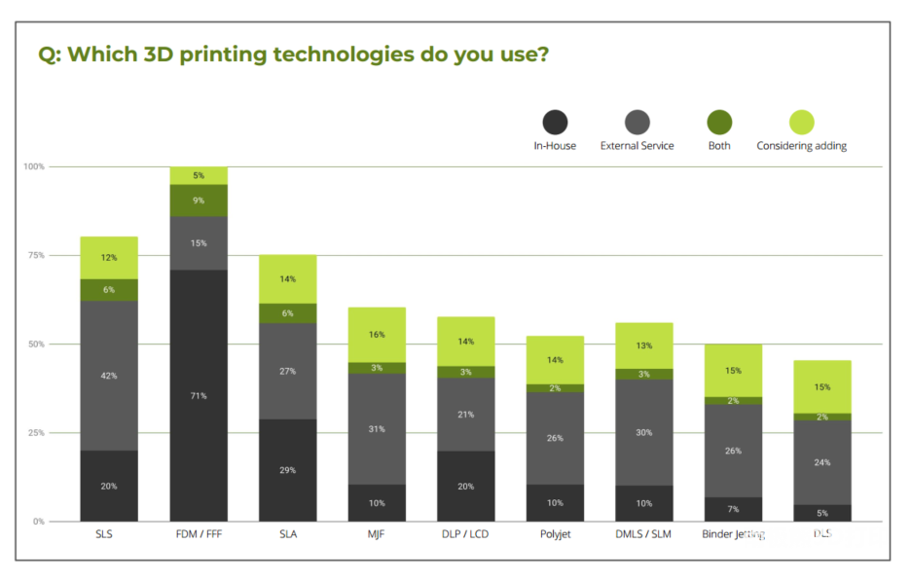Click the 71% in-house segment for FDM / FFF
199,395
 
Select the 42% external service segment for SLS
109,375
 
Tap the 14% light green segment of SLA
288,279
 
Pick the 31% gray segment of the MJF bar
377,428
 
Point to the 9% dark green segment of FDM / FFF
199,200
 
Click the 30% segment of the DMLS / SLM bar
643,432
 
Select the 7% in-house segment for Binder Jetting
733,509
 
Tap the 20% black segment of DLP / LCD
465,486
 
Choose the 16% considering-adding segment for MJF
377,335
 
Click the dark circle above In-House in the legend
555,123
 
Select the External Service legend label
637,146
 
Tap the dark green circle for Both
720,123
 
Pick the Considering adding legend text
801,146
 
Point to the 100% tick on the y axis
34,167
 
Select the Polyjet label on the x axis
555,534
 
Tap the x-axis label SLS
109,534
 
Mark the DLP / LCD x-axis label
465,534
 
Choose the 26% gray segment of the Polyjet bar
555,438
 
